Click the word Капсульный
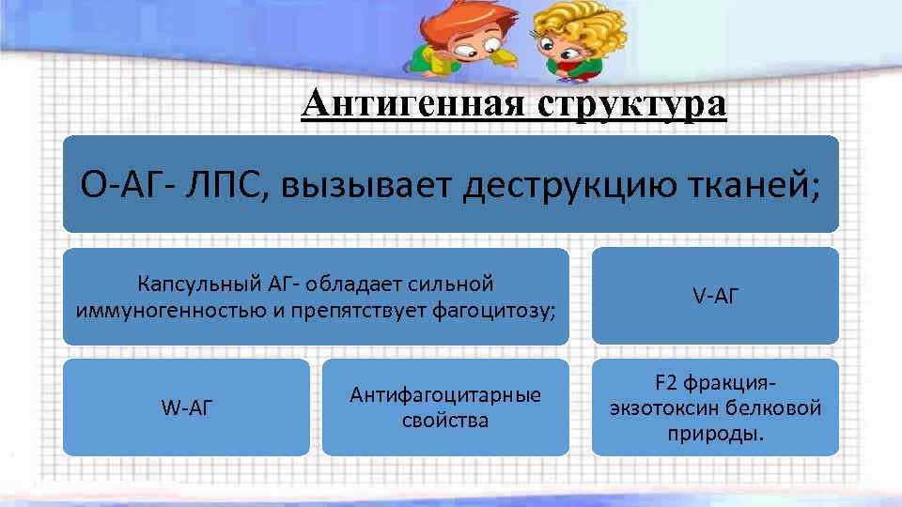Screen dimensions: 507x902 tap(192, 283)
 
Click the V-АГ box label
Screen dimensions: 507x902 tap(716, 296)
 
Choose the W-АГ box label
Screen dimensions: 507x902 tap(187, 407)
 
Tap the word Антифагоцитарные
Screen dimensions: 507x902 tap(445, 395)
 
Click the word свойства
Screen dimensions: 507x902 tap(445, 420)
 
